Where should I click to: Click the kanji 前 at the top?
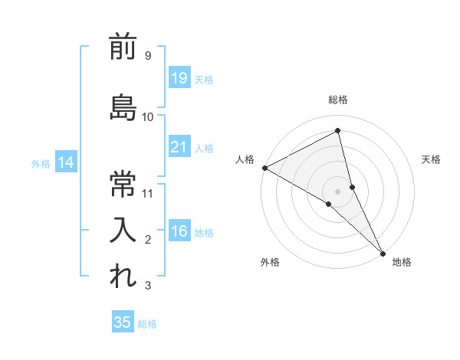pyautogui.click(x=123, y=47)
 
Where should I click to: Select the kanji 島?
pyautogui.click(x=123, y=108)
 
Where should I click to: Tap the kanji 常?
pyautogui.click(x=123, y=184)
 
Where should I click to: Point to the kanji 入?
pyautogui.click(x=123, y=230)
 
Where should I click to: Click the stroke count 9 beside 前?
pyautogui.click(x=147, y=55)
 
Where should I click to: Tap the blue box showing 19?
pyautogui.click(x=179, y=77)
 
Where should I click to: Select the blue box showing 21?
pyautogui.click(x=179, y=146)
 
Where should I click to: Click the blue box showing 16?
pyautogui.click(x=179, y=231)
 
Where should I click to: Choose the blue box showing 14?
pyautogui.click(x=65, y=162)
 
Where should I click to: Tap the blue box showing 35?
pyautogui.click(x=123, y=322)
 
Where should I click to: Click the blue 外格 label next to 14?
pyautogui.click(x=41, y=163)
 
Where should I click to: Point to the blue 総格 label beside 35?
pyautogui.click(x=147, y=324)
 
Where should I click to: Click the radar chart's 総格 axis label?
pyautogui.click(x=338, y=100)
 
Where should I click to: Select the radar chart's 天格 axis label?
pyautogui.click(x=432, y=159)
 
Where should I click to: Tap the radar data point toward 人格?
pyautogui.click(x=264, y=168)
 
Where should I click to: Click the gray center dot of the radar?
pyautogui.click(x=338, y=191)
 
